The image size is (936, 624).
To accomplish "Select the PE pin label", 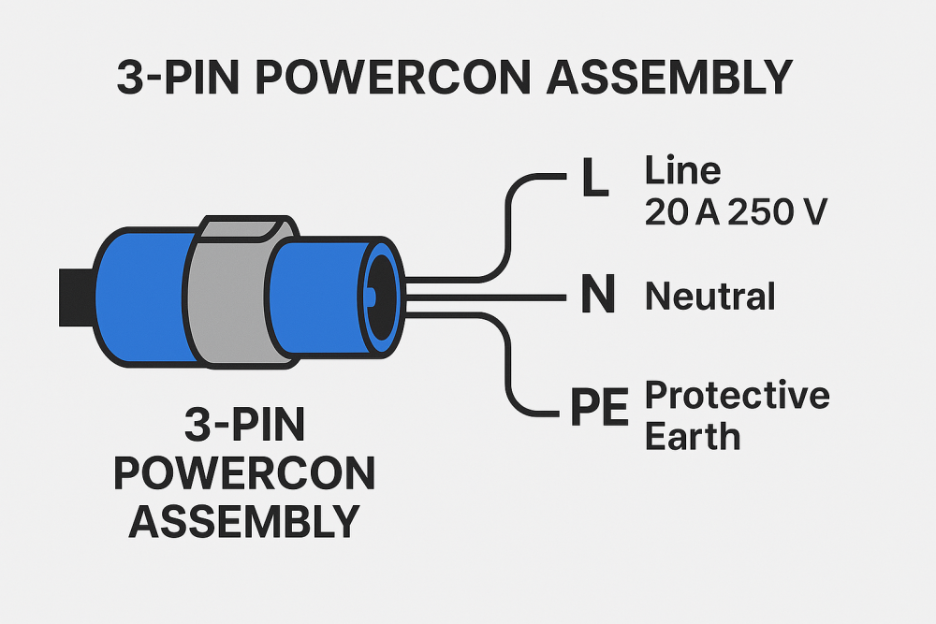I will click(599, 410).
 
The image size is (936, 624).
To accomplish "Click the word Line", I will click(683, 170).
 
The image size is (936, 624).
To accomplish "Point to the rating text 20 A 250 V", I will click(736, 213).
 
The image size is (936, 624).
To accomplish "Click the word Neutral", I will click(710, 297).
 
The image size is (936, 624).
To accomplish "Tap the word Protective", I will click(738, 396).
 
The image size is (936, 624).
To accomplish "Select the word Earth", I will click(693, 436).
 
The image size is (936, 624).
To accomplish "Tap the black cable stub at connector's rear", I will click(75, 297).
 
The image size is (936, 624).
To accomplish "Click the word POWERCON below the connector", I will click(244, 474).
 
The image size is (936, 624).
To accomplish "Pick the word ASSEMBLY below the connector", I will click(244, 520).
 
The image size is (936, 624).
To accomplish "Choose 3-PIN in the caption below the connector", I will click(244, 428).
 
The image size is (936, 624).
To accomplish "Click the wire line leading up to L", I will click(509, 225).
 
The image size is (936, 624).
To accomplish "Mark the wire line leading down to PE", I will click(509, 365).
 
